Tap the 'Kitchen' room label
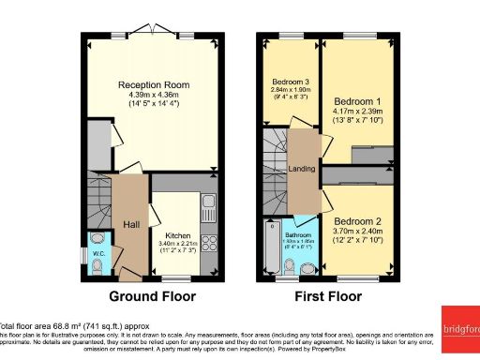(178, 235)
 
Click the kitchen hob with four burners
(208, 245)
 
